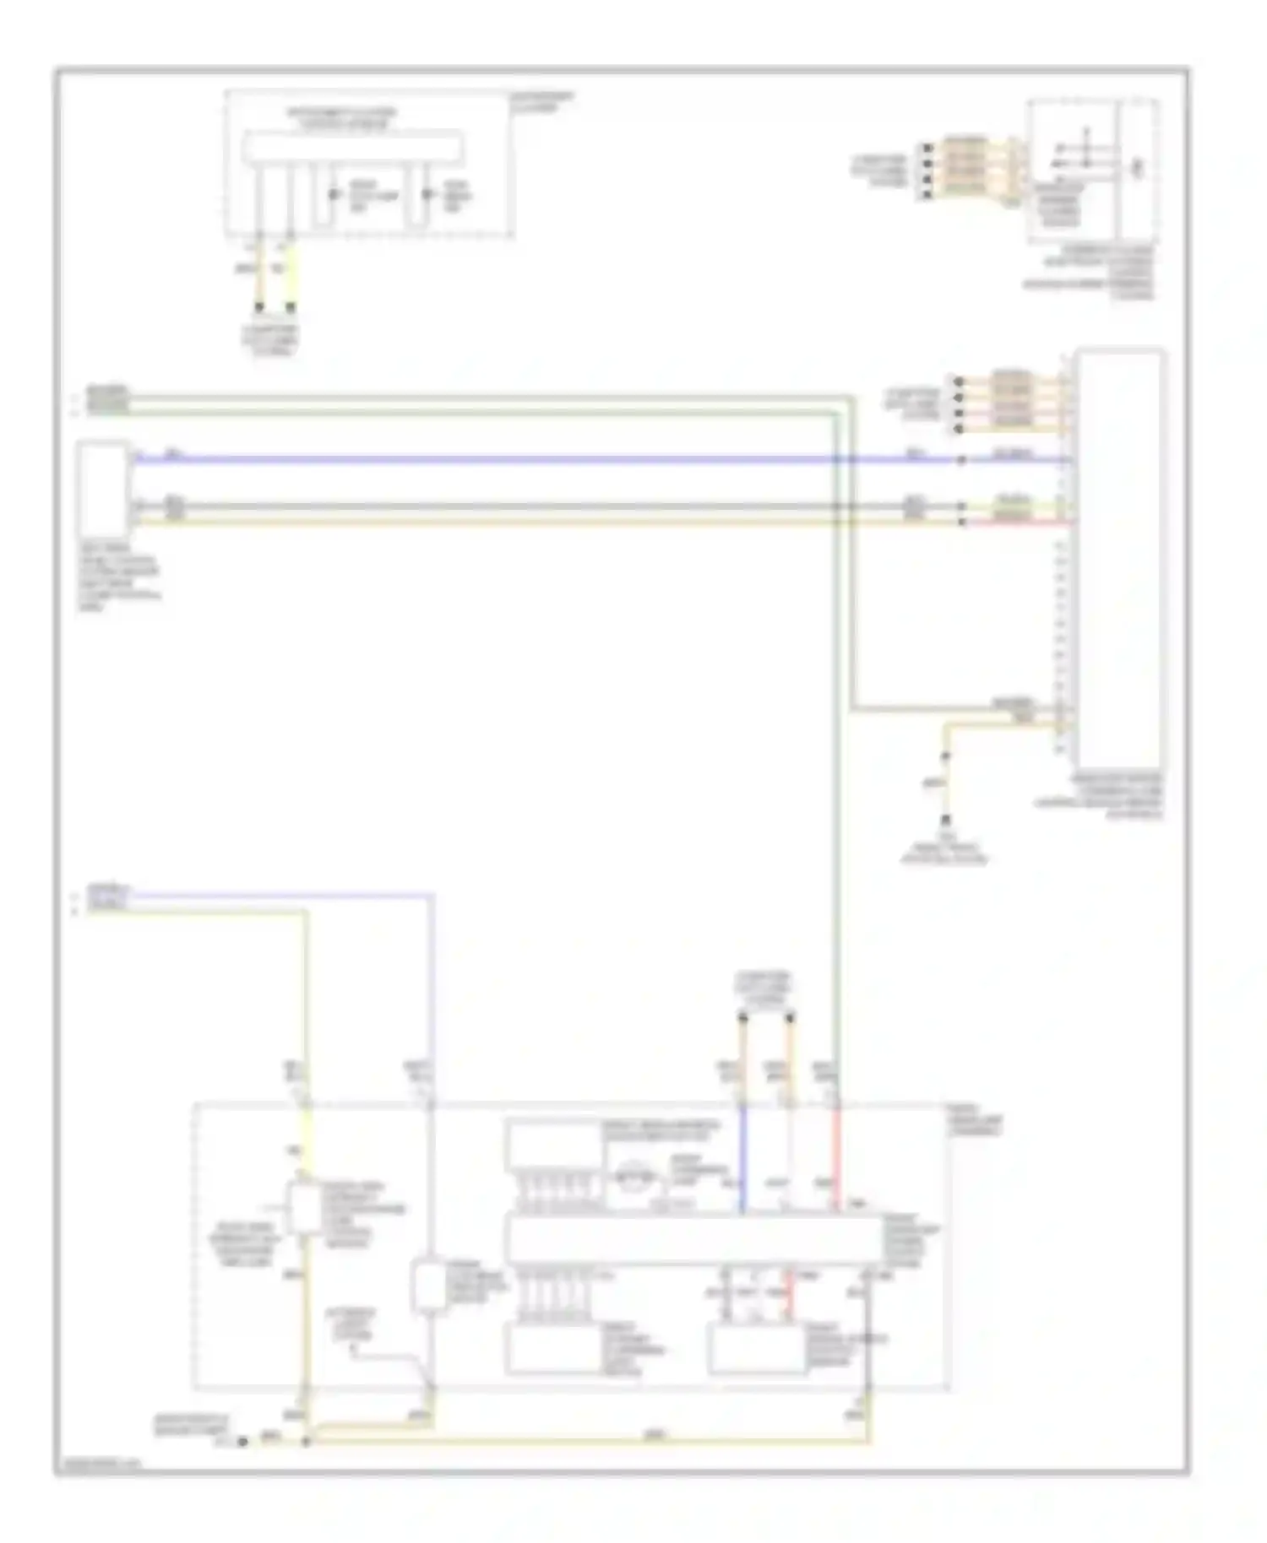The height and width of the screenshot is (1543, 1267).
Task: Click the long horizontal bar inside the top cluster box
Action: (x=352, y=147)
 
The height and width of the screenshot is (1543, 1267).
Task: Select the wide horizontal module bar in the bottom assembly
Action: (x=693, y=1240)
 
